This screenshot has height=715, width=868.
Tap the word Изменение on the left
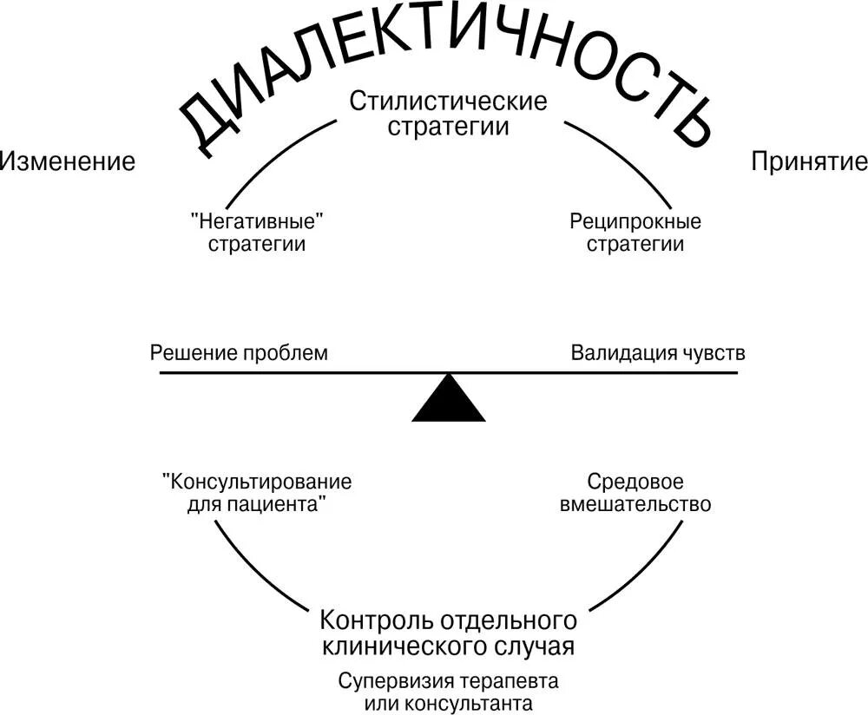(x=68, y=161)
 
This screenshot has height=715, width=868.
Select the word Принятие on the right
(x=809, y=161)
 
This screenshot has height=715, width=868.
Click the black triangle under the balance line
(x=448, y=401)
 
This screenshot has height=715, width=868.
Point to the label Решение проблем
(x=240, y=353)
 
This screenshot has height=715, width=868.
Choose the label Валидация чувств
(x=657, y=353)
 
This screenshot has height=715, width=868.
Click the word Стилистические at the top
(x=448, y=102)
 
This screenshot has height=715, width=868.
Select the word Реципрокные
(x=635, y=221)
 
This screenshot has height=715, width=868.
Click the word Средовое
(x=635, y=481)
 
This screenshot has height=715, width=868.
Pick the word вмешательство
(x=635, y=504)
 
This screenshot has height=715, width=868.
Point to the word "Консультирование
(x=257, y=482)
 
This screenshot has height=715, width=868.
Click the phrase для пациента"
(x=257, y=504)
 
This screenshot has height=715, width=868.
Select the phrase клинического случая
(x=448, y=646)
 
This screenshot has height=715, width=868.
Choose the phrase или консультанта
(x=448, y=702)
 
